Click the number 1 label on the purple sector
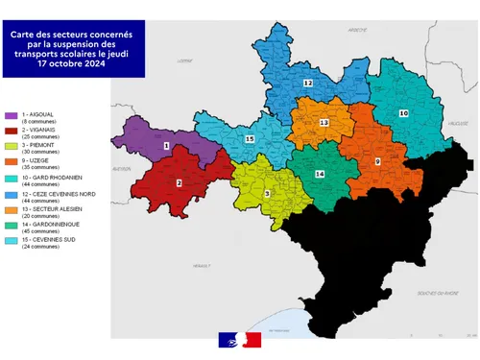pyautogui.click(x=167, y=146)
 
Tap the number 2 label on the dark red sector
pyautogui.click(x=180, y=182)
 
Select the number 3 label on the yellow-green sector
pyautogui.click(x=267, y=193)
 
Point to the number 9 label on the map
pyautogui.click(x=377, y=161)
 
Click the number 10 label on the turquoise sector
pyautogui.click(x=403, y=113)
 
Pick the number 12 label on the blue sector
pyautogui.click(x=307, y=84)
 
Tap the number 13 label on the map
pyautogui.click(x=324, y=123)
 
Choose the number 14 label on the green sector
pyautogui.click(x=320, y=174)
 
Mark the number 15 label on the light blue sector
pyautogui.click(x=250, y=140)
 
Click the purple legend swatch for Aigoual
pyautogui.click(x=10, y=114)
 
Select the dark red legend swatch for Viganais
pyautogui.click(x=10, y=131)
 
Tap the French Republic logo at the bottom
pyautogui.click(x=240, y=339)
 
